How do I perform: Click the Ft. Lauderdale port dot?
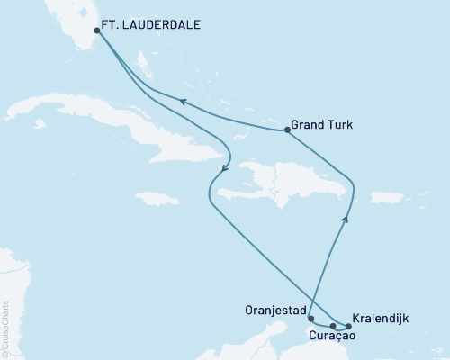pyautogui.click(x=97, y=30)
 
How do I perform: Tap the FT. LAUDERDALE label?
pyautogui.click(x=155, y=28)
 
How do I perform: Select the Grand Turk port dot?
pyautogui.click(x=287, y=130)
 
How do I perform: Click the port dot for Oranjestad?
pyautogui.click(x=310, y=319)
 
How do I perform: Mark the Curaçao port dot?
pyautogui.click(x=333, y=326)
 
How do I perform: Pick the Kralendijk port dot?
pyautogui.click(x=348, y=326)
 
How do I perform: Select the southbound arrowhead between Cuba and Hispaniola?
pyautogui.click(x=224, y=167)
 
